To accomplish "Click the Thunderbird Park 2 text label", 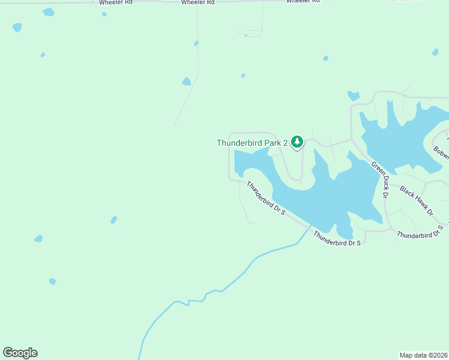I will pyautogui.click(x=252, y=143).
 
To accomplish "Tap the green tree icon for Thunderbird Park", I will pyautogui.click(x=297, y=142).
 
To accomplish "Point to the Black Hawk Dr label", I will pyautogui.click(x=416, y=201).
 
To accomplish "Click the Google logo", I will pyautogui.click(x=20, y=353).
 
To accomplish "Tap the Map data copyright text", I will pyautogui.click(x=424, y=355).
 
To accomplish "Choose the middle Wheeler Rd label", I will pyautogui.click(x=198, y=2).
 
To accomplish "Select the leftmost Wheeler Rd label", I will pyautogui.click(x=115, y=2).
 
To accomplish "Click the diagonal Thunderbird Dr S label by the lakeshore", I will pyautogui.click(x=265, y=199).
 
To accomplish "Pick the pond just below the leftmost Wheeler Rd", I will pyautogui.click(x=49, y=12).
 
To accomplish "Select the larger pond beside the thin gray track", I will pyautogui.click(x=187, y=82).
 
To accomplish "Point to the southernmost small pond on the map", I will pyautogui.click(x=52, y=281).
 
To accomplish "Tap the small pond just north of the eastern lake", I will pyautogui.click(x=353, y=95).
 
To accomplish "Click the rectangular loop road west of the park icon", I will pyautogui.click(x=229, y=156).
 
